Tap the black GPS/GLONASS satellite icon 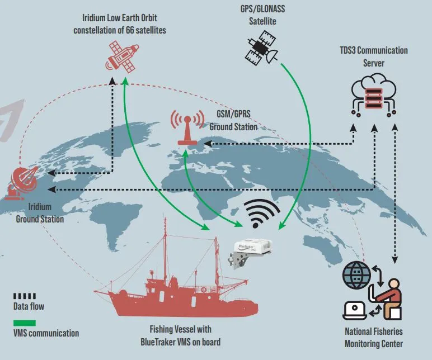262,49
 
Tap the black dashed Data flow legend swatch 25,296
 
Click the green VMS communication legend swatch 25,323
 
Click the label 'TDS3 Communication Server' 374,56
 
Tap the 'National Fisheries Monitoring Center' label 373,337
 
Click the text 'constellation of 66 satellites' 120,30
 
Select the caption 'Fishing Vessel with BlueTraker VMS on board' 180,335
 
